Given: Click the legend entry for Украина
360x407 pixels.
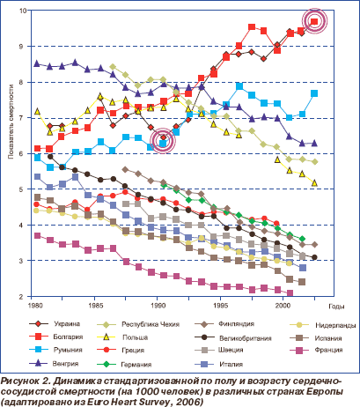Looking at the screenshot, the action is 67,324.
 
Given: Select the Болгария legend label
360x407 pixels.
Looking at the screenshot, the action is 68,337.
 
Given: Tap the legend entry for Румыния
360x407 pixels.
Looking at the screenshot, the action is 68,350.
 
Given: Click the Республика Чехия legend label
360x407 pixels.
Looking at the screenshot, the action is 151,324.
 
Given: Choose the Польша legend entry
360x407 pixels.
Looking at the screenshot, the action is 135,337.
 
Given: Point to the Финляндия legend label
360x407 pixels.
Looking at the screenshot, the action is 236,324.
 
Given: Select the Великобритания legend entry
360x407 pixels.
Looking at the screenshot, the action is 246,338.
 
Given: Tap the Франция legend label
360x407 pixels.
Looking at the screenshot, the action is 328,350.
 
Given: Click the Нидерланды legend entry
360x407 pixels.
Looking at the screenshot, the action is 335,325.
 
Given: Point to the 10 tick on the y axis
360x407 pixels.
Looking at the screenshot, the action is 23,11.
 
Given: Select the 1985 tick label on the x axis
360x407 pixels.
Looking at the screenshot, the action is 95,306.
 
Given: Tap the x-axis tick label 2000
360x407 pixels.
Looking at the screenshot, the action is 283,306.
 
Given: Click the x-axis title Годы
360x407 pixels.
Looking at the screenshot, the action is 336,307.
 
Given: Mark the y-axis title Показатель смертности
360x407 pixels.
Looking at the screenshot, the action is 11,122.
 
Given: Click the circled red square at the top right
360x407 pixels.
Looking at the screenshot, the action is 314,21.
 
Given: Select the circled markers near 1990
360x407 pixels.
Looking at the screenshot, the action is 162,140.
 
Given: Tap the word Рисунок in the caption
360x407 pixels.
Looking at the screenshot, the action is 19,381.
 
